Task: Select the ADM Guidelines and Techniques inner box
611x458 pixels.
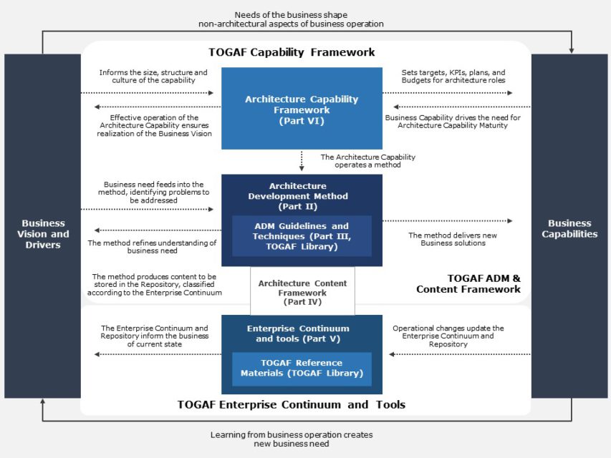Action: tap(302, 235)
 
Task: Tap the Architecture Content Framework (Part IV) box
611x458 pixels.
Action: tap(302, 292)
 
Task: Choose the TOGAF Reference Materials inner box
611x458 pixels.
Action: tap(302, 368)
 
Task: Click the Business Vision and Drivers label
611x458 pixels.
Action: tap(43, 234)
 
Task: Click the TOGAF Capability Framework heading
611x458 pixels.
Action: tap(292, 52)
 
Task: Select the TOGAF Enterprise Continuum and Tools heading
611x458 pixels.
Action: tap(292, 405)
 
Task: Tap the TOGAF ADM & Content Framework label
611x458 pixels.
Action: tap(468, 283)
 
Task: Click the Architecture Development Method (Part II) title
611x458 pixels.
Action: tap(302, 196)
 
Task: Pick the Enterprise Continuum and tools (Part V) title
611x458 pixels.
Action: tap(302, 333)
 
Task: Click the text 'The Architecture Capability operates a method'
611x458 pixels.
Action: tap(367, 161)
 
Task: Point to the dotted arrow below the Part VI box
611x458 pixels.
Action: tap(302, 159)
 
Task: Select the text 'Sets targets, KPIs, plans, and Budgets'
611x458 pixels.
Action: tap(453, 77)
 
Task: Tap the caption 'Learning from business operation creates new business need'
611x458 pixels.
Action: tap(292, 439)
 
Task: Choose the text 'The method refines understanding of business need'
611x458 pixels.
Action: tap(152, 247)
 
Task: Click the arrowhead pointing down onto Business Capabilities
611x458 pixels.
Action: tap(571, 50)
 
